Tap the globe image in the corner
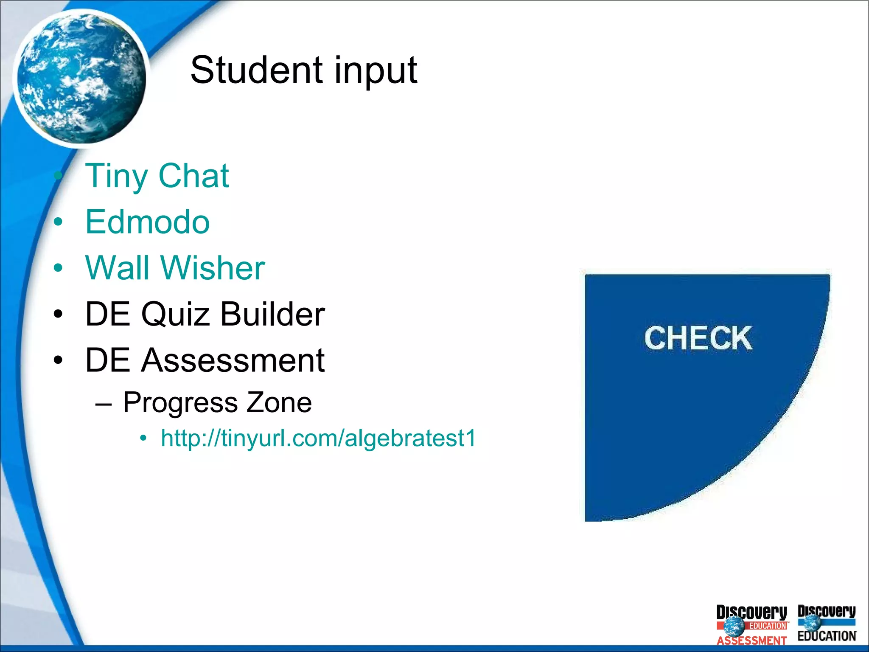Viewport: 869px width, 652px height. pyautogui.click(x=81, y=79)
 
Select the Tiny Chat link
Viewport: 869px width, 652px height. pyautogui.click(x=157, y=176)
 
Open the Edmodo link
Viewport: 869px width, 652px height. pyautogui.click(x=147, y=222)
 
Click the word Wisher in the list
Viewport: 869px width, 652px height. pyautogui.click(x=213, y=268)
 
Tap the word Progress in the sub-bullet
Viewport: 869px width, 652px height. pyautogui.click(x=180, y=402)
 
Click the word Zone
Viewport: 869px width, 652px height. pyautogui.click(x=279, y=402)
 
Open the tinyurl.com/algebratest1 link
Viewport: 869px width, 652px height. pyautogui.click(x=318, y=438)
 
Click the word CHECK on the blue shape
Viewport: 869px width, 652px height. pyautogui.click(x=698, y=338)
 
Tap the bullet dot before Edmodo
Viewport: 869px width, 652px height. pyautogui.click(x=58, y=222)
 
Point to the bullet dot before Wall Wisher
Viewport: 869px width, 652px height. pyautogui.click(x=58, y=268)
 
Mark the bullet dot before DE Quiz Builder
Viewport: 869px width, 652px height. pyautogui.click(x=58, y=314)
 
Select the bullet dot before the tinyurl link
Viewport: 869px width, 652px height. pyautogui.click(x=143, y=438)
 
